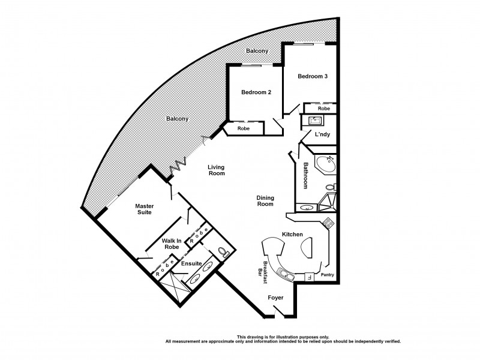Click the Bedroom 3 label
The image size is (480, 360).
click(x=313, y=76)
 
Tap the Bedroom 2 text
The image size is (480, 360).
click(x=257, y=92)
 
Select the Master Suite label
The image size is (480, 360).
click(x=147, y=209)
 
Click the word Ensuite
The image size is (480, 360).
click(x=182, y=263)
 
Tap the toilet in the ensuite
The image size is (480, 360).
click(x=223, y=252)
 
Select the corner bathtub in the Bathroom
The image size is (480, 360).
click(x=326, y=164)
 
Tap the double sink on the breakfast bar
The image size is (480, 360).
click(x=286, y=275)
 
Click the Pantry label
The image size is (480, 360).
click(x=327, y=276)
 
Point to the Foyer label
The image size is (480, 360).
click(x=275, y=298)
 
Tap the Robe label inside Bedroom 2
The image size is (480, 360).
click(x=243, y=128)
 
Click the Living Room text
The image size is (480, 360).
click(x=216, y=170)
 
